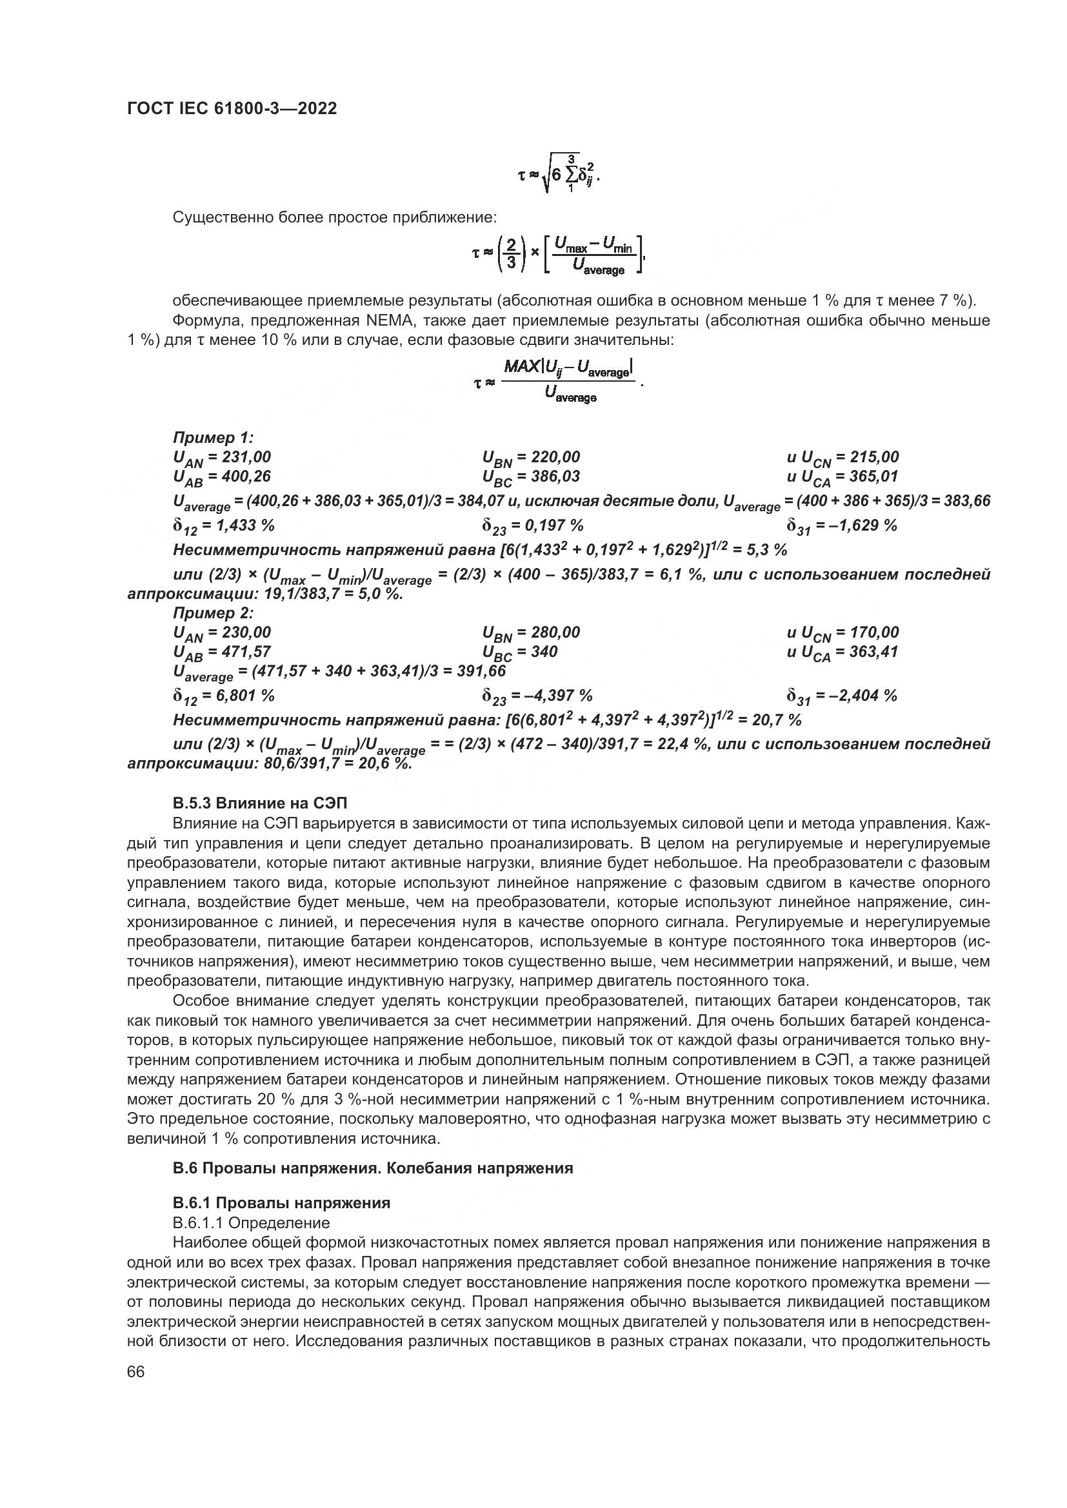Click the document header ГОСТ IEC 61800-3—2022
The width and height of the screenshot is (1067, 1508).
[232, 109]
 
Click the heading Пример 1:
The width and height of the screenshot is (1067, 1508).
[213, 437]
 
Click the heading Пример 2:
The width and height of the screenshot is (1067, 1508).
[213, 612]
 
